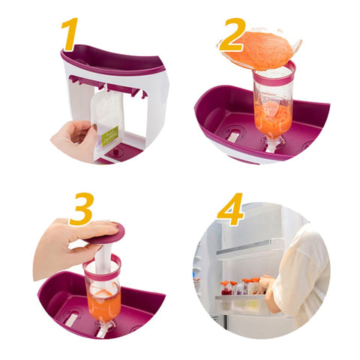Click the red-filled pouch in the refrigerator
pos(226,286)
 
